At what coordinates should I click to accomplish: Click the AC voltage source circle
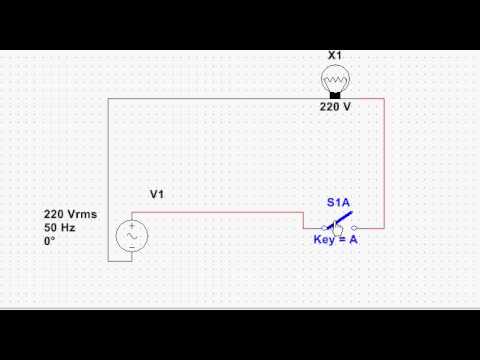(131, 235)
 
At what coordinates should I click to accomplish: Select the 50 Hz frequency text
(60, 228)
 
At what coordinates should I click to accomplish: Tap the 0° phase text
(50, 242)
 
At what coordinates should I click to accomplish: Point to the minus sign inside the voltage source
(131, 246)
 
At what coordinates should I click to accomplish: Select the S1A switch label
(338, 202)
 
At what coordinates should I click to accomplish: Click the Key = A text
(336, 241)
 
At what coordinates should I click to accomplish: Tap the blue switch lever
(339, 218)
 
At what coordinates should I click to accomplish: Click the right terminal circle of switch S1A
(354, 228)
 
